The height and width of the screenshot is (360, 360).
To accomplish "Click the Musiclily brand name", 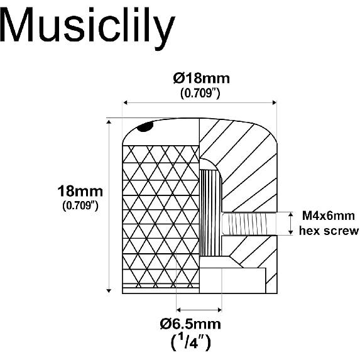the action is tap(88, 27).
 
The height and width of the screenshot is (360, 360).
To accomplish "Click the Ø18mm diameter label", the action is tap(201, 79).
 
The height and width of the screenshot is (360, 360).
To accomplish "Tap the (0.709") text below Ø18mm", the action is tap(200, 93).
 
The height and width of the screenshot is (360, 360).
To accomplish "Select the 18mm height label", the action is tap(80, 191).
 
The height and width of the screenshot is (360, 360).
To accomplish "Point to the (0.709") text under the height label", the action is tap(80, 205).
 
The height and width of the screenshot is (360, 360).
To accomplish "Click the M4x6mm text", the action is tap(329, 216).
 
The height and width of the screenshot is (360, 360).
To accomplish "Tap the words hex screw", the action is tap(329, 231).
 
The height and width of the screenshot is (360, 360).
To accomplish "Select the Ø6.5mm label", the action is tap(190, 324).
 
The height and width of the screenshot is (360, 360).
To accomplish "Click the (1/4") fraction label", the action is tap(190, 342).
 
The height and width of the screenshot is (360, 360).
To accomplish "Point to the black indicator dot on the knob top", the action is tap(145, 127).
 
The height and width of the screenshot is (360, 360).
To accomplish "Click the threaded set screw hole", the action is tap(249, 224).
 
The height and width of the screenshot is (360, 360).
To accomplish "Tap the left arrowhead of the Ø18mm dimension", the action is tap(126, 102).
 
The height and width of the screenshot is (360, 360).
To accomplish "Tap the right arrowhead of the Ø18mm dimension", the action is tap(274, 102).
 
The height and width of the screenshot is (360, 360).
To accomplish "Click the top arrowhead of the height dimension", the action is tap(109, 121).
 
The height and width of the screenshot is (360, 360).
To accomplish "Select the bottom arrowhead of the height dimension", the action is tap(109, 290).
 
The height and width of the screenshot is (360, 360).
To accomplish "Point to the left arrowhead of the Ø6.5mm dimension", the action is tap(179, 310).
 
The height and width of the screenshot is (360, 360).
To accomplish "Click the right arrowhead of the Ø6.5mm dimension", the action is tap(219, 310).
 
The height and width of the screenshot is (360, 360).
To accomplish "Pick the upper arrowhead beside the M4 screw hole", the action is tap(291, 215).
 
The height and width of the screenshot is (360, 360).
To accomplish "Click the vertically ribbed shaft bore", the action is tap(210, 212).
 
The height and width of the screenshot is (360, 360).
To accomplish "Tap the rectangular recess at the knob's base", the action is tap(232, 281).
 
